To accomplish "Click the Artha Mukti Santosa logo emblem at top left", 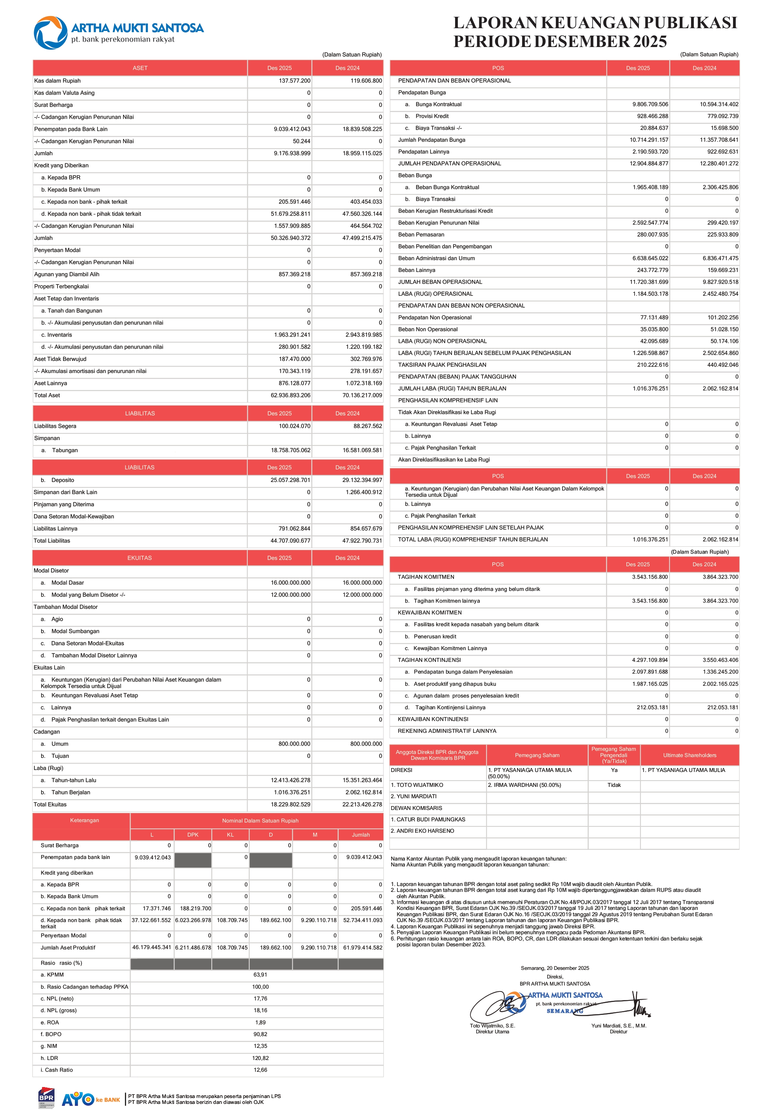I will tap(50, 33).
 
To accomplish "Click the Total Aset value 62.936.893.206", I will tap(290, 395).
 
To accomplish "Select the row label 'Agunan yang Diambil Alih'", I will tap(67, 274).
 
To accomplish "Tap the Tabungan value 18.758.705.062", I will tap(290, 450).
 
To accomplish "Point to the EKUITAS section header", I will tap(140, 558).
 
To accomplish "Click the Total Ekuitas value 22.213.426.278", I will tap(362, 805).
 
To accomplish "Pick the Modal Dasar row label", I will tap(67, 583).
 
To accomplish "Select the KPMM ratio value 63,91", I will tap(260, 975).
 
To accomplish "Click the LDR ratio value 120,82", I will tap(260, 1058).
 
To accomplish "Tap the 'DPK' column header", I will tap(193, 835).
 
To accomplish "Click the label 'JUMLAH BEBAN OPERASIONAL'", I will tap(440, 282).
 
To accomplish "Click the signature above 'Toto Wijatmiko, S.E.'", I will tap(495, 1005).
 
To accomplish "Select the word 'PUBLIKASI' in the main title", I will tap(690, 23).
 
